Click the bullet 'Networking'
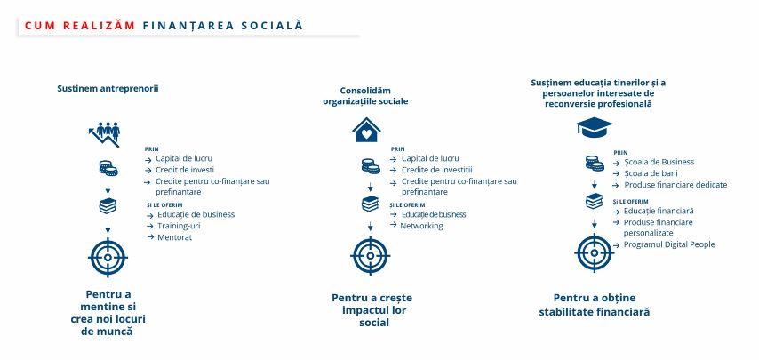[421, 226]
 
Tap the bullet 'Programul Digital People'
[668, 244]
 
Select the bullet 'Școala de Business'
[659, 162]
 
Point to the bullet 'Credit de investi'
[183, 170]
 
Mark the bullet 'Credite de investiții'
[436, 170]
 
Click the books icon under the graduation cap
[594, 201]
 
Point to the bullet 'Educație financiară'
[659, 211]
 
